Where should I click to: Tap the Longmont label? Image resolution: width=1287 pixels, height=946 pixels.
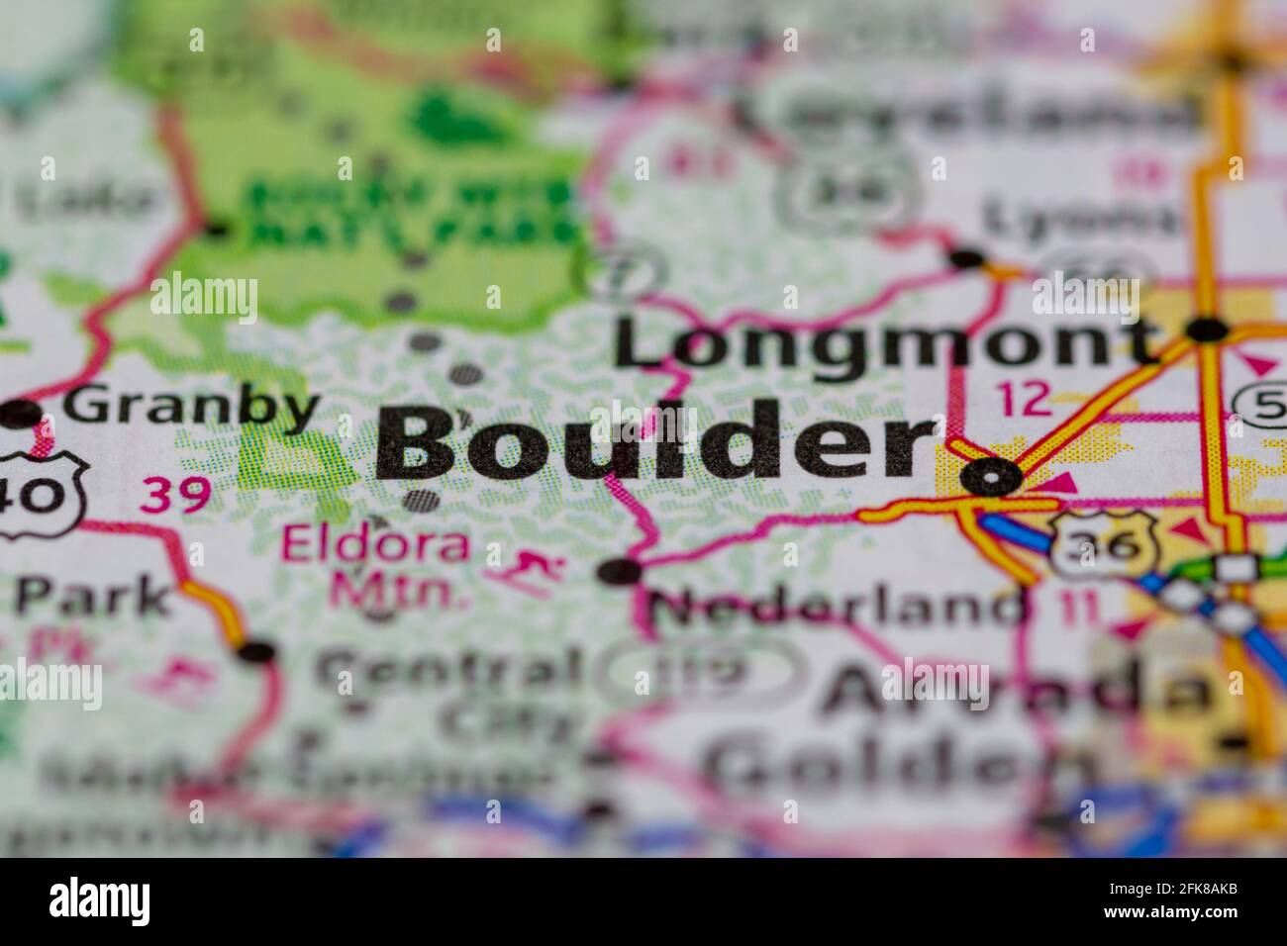884,342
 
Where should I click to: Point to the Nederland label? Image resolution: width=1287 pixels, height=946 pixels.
838,605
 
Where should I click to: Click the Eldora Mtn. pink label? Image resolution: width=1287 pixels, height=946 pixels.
376,566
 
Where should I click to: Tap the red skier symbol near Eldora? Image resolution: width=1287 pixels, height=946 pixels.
524,572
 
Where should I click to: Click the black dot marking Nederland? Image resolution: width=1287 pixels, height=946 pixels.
621,571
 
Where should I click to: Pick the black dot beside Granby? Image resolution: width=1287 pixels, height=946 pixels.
22,415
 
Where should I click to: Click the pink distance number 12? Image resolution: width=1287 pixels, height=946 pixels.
1023,398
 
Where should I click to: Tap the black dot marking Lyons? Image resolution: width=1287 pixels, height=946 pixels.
966,259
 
